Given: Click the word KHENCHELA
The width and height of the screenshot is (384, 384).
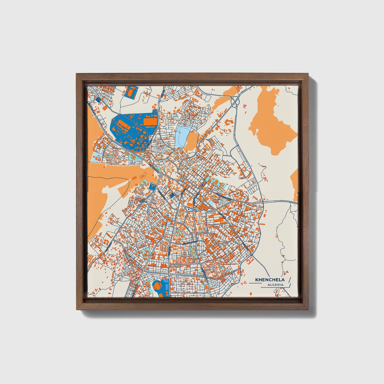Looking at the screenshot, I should point(270,280).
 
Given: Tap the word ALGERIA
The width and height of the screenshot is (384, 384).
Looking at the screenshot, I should point(276,285).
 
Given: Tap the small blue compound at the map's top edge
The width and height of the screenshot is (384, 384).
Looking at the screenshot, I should point(130,92).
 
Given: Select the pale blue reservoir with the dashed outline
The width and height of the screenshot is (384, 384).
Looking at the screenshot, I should point(182,136).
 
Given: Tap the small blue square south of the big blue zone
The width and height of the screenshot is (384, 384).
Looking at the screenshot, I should point(152,187).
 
